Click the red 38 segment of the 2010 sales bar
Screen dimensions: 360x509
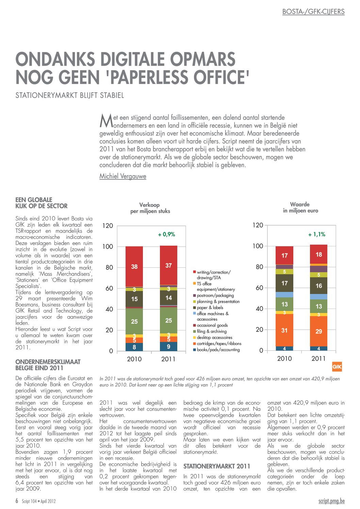click(134, 266)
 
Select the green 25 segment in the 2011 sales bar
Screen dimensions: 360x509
click(168, 320)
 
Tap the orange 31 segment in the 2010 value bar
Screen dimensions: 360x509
click(284, 330)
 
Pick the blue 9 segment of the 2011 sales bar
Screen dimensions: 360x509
click(168, 346)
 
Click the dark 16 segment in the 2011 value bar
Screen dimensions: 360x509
click(318, 285)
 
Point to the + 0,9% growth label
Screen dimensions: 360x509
click(167, 234)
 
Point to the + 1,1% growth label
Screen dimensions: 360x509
click(316, 234)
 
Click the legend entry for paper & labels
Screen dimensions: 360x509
click(208, 308)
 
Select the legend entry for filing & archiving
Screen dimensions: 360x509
click(210, 331)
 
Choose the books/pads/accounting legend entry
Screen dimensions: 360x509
click(216, 349)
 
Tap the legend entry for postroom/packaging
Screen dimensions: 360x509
click(213, 295)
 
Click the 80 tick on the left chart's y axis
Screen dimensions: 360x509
click(109, 267)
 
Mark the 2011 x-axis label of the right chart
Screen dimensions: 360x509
click(318, 358)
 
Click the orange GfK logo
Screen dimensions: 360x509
click(337, 367)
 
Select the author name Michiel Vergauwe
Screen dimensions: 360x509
click(123, 176)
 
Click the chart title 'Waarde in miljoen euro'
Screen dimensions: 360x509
click(300, 208)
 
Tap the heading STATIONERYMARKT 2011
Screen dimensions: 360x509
click(217, 466)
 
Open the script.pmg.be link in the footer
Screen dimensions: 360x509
click(331, 501)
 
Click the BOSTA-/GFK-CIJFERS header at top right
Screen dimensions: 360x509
click(313, 12)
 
